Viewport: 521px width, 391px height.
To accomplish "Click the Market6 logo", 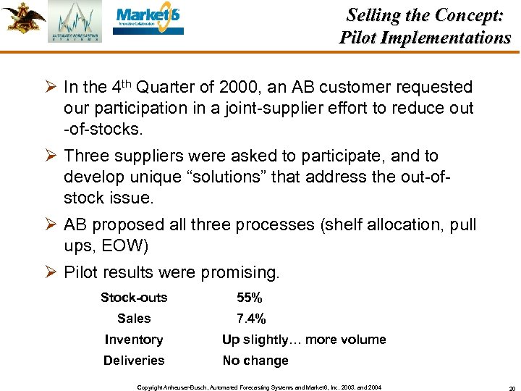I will coord(150,21).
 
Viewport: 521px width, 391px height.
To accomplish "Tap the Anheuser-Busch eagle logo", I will coord(22,19).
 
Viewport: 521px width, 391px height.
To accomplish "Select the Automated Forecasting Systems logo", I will coord(75,22).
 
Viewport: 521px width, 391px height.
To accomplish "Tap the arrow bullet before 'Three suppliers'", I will coord(51,156).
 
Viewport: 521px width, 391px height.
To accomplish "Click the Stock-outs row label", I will coord(134,298).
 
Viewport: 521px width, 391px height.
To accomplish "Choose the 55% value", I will coord(250,298).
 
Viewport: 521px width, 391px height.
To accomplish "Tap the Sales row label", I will coord(134,319).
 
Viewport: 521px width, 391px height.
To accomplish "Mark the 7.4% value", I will coord(251,319).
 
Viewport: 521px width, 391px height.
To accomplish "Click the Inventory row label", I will coord(134,340).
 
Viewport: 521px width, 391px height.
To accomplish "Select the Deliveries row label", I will coord(134,361).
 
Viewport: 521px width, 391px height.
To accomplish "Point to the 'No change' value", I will coord(255,361).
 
